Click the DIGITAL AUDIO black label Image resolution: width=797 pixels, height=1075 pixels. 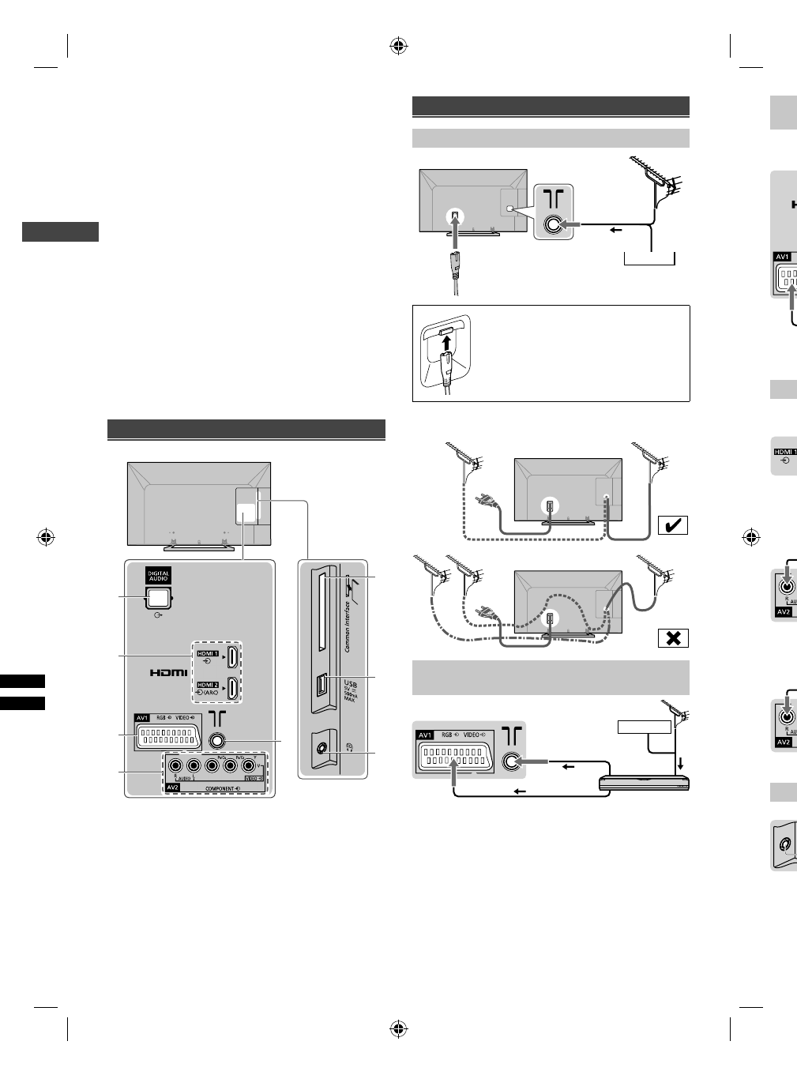158,576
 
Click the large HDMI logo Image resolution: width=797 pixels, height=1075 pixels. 169,673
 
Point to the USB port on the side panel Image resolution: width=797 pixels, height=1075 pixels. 322,686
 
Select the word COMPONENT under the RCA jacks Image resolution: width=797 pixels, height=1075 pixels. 222,788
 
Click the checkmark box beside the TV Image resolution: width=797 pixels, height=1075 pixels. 673,524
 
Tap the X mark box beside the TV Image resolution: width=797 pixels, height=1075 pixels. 673,637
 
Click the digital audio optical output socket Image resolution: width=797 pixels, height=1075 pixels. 157,599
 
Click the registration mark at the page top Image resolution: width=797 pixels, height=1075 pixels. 399,46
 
